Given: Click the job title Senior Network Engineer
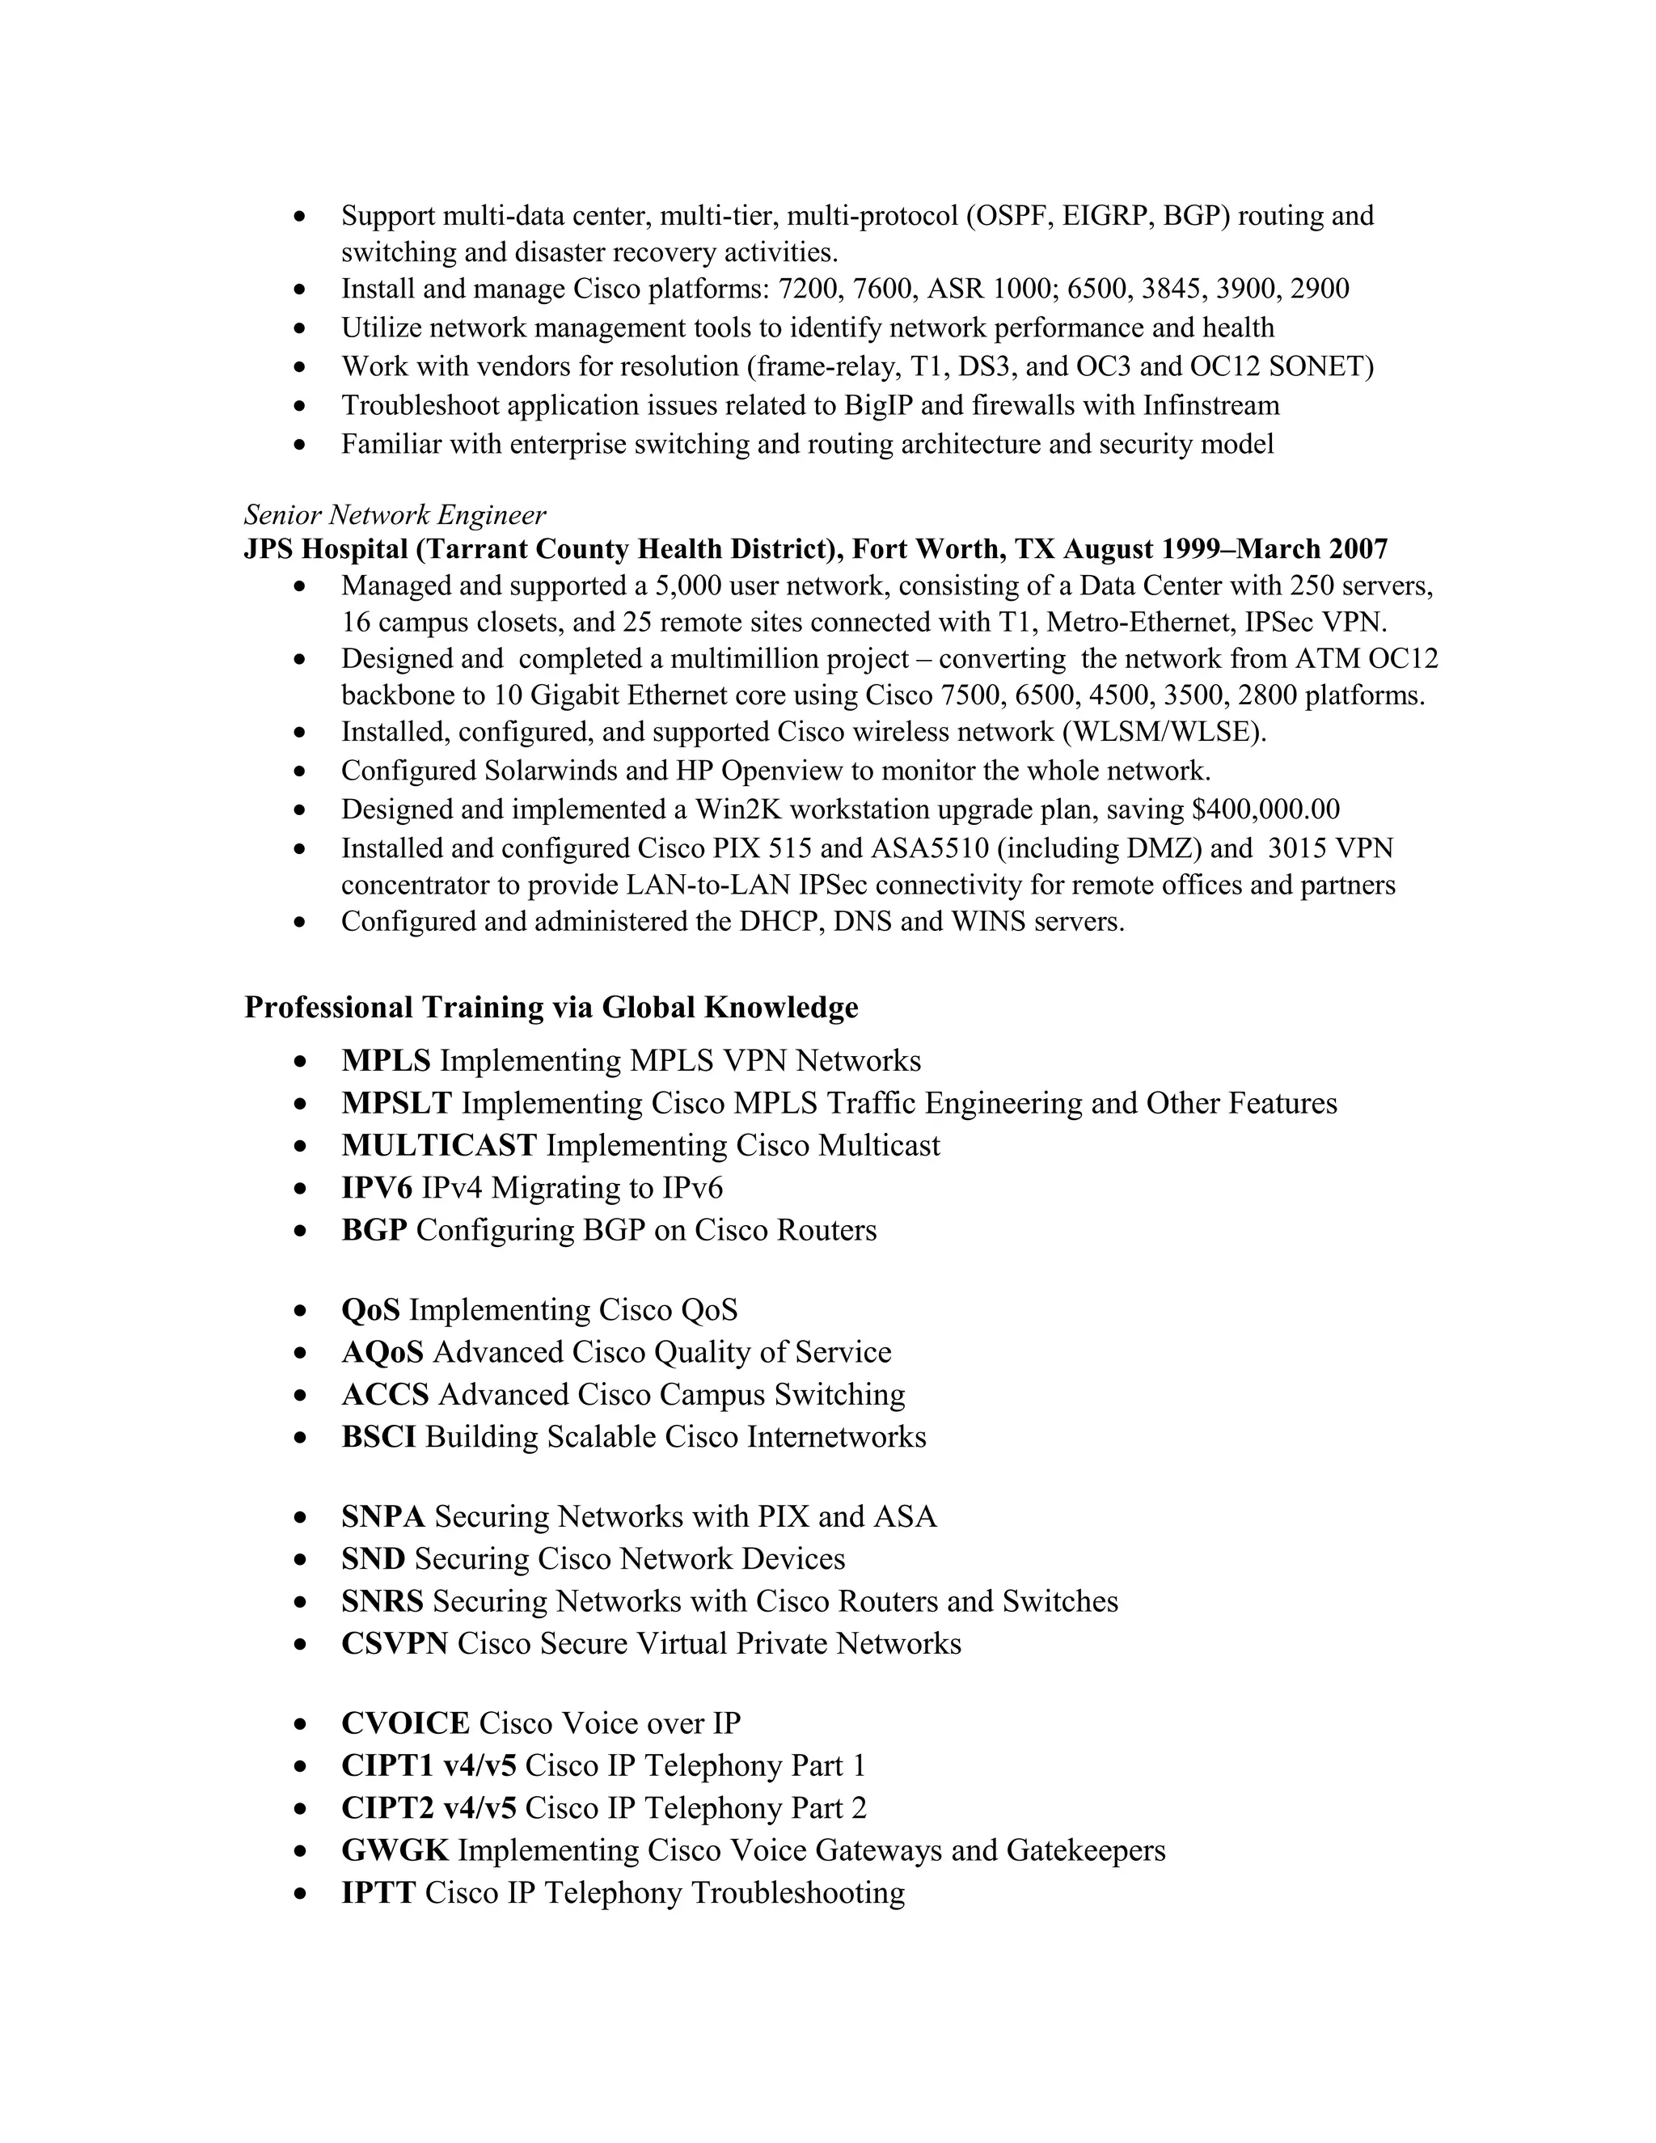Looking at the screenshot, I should coord(395,514).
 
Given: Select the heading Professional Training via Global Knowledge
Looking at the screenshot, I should coord(551,1007).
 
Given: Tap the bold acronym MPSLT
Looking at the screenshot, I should coord(396,1103).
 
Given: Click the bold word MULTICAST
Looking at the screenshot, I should coord(438,1145).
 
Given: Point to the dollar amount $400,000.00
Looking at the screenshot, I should coord(1265,809).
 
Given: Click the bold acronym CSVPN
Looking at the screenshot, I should coord(395,1643).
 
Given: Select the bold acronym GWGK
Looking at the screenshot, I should coord(395,1850).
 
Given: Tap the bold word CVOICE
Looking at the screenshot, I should coord(405,1724).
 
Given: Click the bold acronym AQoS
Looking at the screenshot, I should coord(382,1352).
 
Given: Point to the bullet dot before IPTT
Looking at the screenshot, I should coord(300,1894).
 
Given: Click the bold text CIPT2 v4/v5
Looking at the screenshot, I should coord(429,1808).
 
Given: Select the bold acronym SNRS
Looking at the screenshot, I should coord(382,1601).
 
